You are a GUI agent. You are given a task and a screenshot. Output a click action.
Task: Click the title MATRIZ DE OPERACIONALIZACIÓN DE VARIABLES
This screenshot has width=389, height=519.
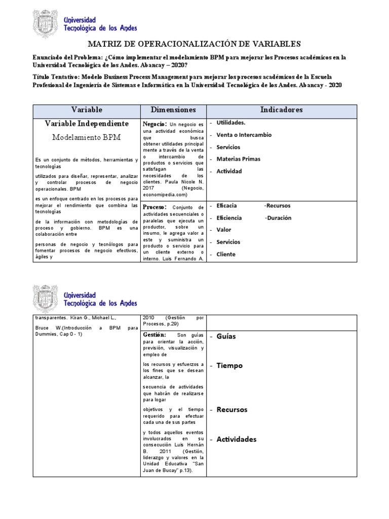pos(194,44)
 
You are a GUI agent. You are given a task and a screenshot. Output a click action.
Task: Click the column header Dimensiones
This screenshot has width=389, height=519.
pos(173,109)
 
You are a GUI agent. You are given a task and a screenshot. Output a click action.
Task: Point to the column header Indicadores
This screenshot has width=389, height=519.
pos(281,109)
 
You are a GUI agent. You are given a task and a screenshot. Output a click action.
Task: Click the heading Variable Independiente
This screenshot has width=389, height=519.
pos(87,124)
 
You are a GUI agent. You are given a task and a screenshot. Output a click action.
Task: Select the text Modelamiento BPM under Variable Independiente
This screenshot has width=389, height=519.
pos(87,137)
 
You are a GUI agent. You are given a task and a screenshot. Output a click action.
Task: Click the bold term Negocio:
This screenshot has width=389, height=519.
pos(155,124)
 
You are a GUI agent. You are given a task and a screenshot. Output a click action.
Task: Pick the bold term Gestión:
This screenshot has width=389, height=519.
pos(154,335)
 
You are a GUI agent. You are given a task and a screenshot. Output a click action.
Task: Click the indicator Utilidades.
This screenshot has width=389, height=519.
pos(231,123)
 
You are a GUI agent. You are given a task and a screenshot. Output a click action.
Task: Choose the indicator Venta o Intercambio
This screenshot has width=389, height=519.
pos(244,135)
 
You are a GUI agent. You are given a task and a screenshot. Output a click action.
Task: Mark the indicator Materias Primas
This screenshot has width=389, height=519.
pos(238,159)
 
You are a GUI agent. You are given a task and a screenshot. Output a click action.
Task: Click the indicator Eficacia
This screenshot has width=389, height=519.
pos(226,206)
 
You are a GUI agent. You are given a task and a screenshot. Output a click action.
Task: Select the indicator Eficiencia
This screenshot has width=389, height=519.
pos(229,218)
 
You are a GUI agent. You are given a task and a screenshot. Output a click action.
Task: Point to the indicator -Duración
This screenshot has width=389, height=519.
pos(278,218)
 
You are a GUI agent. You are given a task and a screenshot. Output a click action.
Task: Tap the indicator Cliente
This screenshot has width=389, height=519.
pos(226,254)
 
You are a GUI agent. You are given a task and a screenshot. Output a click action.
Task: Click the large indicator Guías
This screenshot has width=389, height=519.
pos(226,337)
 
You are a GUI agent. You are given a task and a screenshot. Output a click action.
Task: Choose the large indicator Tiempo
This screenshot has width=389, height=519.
pos(229,365)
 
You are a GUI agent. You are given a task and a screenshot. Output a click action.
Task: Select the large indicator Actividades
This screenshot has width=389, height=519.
pos(237,439)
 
